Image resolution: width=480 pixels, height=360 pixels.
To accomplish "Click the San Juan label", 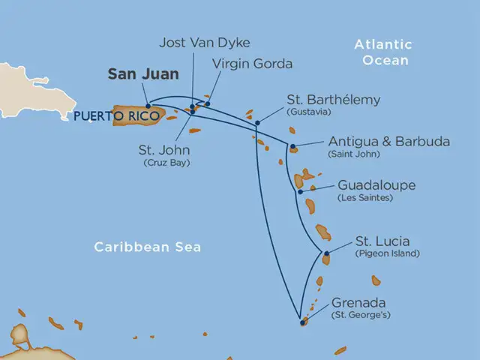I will pyautogui.click(x=143, y=73).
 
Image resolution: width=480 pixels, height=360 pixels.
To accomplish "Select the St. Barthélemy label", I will pyautogui.click(x=334, y=100).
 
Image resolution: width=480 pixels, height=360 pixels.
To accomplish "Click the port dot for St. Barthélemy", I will pyautogui.click(x=258, y=123).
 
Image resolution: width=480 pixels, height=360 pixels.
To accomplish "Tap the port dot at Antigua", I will pyautogui.click(x=292, y=146).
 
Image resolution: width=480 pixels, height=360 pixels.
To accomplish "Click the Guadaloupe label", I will pyautogui.click(x=376, y=184).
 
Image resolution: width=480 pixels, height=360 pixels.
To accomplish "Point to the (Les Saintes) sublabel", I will pyautogui.click(x=365, y=198).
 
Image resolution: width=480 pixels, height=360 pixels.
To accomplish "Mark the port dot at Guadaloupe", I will pyautogui.click(x=300, y=191).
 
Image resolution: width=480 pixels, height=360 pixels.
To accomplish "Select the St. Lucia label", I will pyautogui.click(x=382, y=241).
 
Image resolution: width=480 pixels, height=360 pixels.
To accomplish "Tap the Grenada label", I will pyautogui.click(x=358, y=304).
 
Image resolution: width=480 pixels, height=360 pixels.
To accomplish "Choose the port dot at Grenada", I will pyautogui.click(x=302, y=322).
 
